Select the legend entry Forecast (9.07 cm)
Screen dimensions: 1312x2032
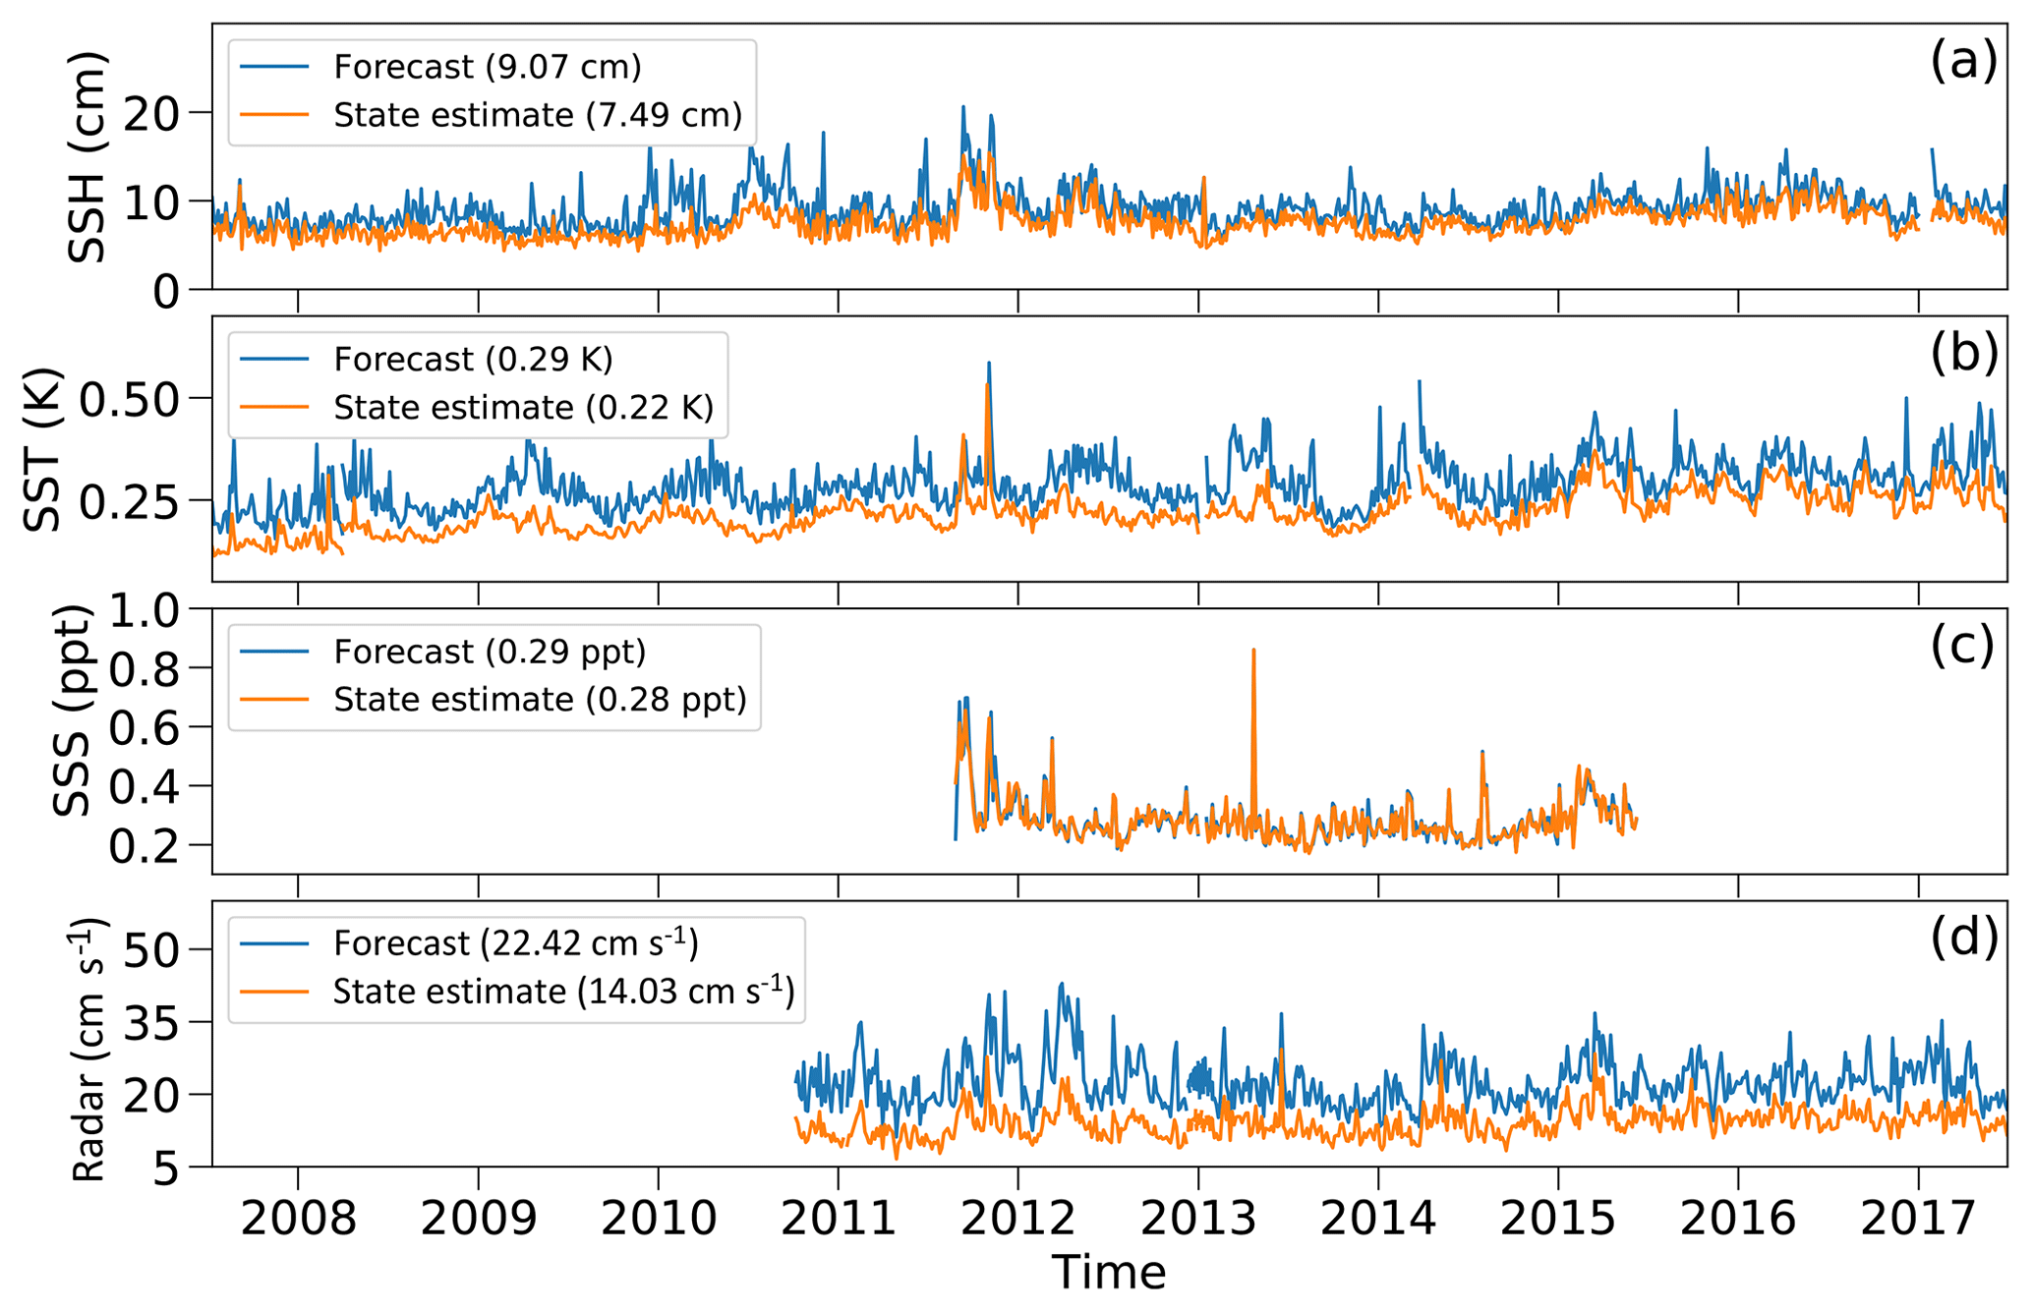point(487,67)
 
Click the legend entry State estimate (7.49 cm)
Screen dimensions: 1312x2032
point(537,115)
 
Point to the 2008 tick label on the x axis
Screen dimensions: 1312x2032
point(298,1220)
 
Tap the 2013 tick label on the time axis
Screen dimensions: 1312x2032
point(1198,1220)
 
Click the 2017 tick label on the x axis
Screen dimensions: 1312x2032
point(1918,1220)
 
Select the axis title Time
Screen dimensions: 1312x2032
point(1109,1274)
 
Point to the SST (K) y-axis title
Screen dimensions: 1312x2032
point(43,449)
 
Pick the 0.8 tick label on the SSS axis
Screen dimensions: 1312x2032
point(145,669)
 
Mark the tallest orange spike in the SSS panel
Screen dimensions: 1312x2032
point(1253,650)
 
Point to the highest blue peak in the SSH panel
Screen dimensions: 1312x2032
point(963,107)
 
